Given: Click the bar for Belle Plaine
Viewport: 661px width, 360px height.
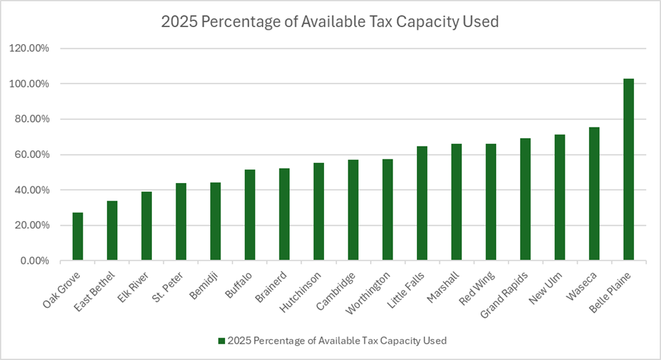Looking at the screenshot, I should (628, 169).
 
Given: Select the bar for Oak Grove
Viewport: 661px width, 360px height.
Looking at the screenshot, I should (78, 237).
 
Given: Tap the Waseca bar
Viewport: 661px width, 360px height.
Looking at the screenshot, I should (594, 194).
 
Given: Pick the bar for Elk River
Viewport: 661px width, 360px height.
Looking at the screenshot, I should (146, 226).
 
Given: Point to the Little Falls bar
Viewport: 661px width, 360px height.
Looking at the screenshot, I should (422, 203).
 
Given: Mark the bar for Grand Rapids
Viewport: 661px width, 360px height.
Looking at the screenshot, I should (525, 199).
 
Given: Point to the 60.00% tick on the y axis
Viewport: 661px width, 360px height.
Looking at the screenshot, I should (33, 155).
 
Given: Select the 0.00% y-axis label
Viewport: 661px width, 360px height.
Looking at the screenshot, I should (35, 261).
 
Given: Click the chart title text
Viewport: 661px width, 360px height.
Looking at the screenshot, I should (330, 22).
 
